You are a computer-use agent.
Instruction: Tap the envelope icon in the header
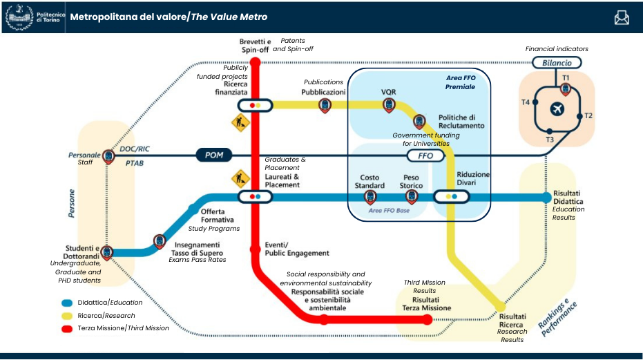coord(622,17)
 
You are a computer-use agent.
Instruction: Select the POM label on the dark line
coord(213,155)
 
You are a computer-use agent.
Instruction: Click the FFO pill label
coord(426,156)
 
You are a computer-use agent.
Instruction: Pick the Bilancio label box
coord(556,63)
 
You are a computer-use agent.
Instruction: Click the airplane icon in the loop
coord(557,109)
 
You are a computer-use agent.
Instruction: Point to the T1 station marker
coord(566,88)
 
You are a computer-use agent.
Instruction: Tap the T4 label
coord(526,102)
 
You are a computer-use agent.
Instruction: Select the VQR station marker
coord(389,105)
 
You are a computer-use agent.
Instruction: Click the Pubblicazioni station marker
coord(325,105)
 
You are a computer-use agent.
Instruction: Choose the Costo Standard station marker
coord(370,197)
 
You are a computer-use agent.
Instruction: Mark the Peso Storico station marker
coord(412,197)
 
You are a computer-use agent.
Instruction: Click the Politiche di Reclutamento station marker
coord(419,121)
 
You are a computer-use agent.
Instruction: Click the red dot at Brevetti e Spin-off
coord(255,63)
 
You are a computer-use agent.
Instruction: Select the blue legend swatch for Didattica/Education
coord(67,303)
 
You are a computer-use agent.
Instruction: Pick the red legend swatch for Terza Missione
coord(67,328)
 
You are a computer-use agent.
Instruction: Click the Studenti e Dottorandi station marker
coord(108,253)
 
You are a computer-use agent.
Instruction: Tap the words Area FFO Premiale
coord(461,83)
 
